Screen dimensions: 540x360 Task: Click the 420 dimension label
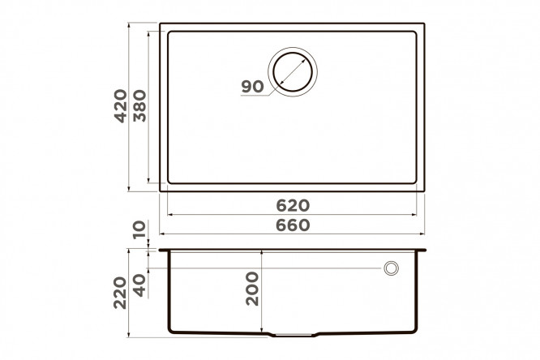(121, 106)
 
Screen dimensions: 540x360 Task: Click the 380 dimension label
(139, 106)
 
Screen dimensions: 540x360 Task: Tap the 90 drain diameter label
(252, 87)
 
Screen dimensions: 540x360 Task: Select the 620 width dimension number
(293, 206)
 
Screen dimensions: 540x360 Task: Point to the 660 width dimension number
(293, 225)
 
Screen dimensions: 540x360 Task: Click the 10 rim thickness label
(139, 229)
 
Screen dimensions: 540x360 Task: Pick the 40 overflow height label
(139, 285)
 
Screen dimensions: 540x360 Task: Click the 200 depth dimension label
(252, 289)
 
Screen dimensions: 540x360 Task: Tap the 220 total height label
(121, 293)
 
